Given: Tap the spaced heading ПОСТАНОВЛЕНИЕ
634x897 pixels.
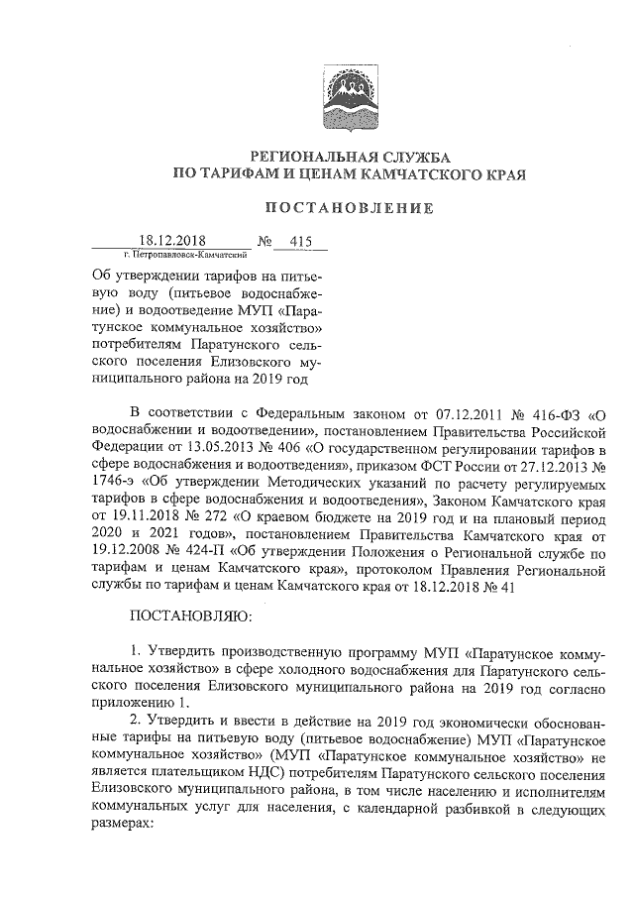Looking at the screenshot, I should pos(348,208).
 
